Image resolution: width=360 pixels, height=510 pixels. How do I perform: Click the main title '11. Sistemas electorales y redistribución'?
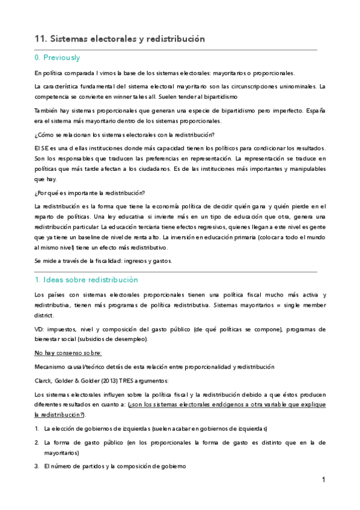pyautogui.click(x=120, y=38)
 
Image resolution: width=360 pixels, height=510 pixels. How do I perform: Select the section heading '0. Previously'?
pyautogui.click(x=57, y=58)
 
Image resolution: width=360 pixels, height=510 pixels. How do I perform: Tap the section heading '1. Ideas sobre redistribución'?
pyautogui.click(x=86, y=280)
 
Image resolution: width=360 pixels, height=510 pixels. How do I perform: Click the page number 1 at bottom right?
pyautogui.click(x=323, y=479)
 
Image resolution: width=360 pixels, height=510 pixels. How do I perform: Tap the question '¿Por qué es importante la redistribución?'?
pyautogui.click(x=90, y=192)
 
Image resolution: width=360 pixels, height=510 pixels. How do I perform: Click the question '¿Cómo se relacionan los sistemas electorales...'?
pyautogui.click(x=124, y=134)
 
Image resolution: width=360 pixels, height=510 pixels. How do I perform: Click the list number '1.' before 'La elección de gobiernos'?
pyautogui.click(x=37, y=428)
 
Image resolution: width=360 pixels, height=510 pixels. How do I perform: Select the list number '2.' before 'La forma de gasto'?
pyautogui.click(x=37, y=442)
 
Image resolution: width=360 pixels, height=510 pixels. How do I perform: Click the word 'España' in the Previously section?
pyautogui.click(x=313, y=111)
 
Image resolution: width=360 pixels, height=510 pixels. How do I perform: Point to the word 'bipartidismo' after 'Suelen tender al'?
pyautogui.click(x=217, y=96)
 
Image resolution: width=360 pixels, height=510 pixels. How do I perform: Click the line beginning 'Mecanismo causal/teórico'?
pyautogui.click(x=154, y=366)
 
